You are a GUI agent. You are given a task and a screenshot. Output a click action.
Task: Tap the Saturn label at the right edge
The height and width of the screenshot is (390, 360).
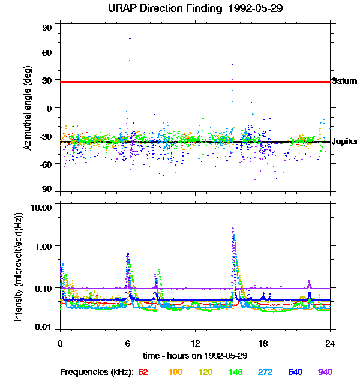(344, 81)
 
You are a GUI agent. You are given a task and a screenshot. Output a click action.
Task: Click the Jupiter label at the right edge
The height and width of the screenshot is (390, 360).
(344, 142)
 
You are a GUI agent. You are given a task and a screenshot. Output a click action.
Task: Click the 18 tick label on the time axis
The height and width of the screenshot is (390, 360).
(262, 344)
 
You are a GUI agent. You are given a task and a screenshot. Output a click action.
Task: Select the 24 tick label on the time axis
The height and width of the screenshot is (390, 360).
(330, 344)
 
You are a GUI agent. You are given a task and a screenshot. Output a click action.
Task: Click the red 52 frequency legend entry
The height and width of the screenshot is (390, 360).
(143, 372)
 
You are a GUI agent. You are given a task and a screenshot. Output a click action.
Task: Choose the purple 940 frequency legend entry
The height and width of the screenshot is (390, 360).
(325, 372)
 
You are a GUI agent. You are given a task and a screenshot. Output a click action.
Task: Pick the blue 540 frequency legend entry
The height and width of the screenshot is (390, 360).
(296, 372)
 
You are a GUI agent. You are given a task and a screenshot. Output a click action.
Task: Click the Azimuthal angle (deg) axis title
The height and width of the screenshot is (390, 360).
(28, 108)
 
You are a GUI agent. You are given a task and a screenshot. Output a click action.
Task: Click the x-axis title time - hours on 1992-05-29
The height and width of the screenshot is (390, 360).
(194, 355)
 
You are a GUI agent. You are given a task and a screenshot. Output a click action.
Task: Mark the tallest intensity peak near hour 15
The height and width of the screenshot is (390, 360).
(233, 227)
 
